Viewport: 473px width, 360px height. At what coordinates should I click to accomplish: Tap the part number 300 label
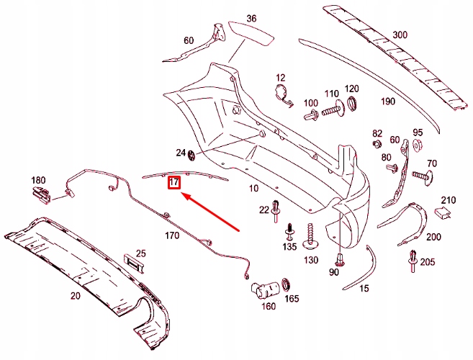click(x=400, y=34)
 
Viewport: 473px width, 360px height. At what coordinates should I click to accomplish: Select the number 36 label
click(x=251, y=18)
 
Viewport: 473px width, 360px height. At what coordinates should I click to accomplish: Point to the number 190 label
click(x=388, y=102)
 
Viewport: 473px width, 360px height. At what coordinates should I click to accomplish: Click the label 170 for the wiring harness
click(x=172, y=235)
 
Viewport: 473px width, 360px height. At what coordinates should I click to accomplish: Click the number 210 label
click(x=449, y=199)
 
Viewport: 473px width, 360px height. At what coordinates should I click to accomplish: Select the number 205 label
click(x=428, y=261)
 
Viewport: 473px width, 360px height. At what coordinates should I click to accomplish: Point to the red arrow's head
click(x=181, y=194)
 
